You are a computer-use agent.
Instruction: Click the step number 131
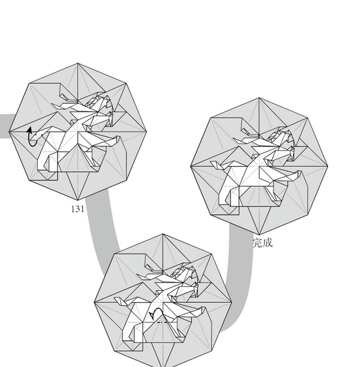coord(77,209)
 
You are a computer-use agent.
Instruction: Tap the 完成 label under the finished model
coord(263,242)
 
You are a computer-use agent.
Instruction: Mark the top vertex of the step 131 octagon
coord(78,63)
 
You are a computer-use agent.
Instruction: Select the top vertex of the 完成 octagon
coord(259,97)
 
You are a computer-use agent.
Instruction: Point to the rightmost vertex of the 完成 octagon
coord(328,165)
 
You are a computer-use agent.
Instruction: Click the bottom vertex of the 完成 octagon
coord(259,233)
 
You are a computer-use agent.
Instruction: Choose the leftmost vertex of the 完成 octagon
coord(191,165)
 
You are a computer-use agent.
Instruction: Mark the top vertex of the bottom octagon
coord(163,233)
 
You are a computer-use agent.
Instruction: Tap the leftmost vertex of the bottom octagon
coord(95,302)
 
